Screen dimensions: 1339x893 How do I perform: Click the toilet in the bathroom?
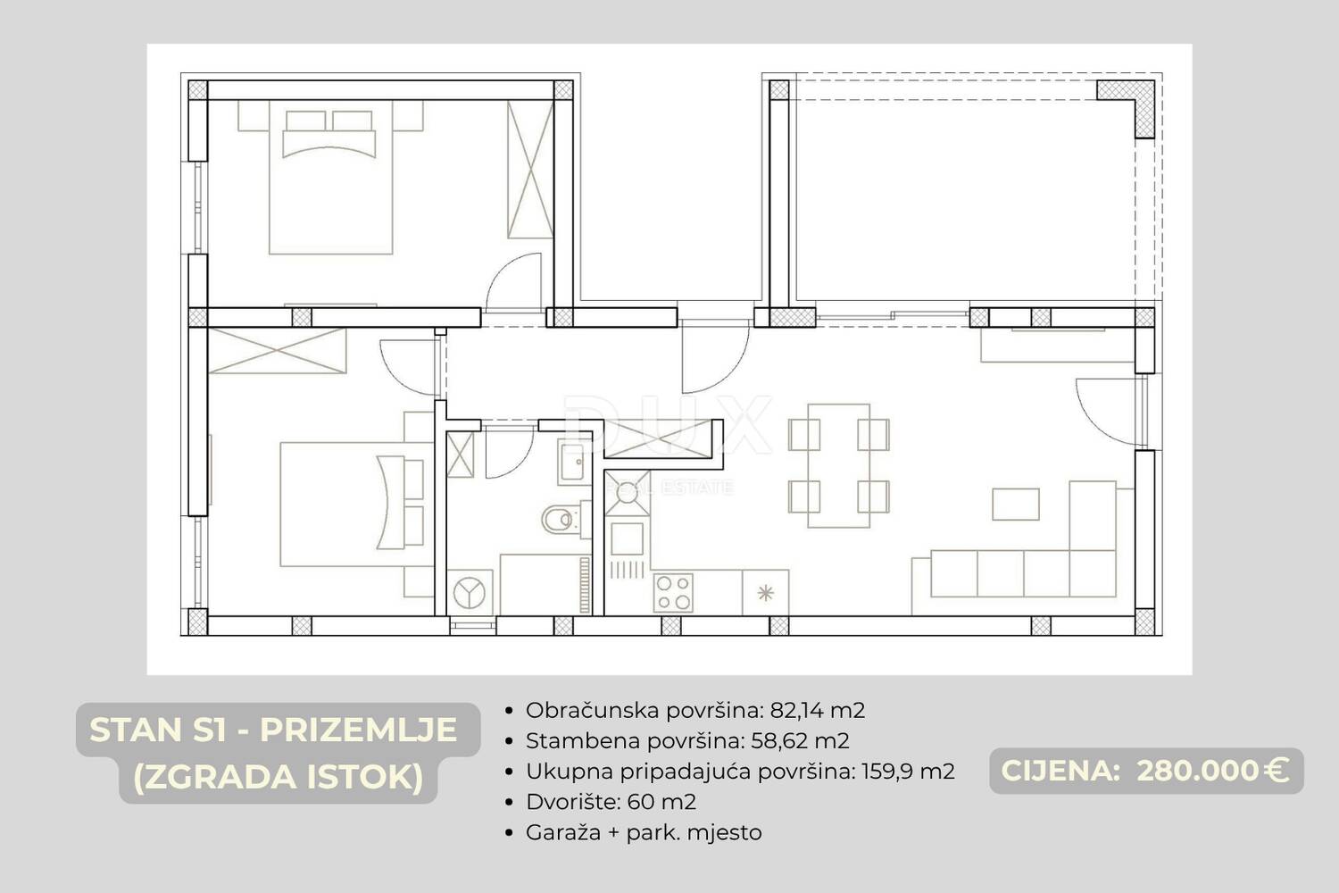tap(560, 519)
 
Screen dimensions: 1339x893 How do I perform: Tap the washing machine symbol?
tap(470, 592)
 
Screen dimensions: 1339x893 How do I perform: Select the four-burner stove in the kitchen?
tap(673, 593)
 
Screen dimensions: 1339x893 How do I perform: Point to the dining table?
tap(839, 466)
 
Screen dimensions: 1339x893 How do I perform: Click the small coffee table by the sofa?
tap(1016, 504)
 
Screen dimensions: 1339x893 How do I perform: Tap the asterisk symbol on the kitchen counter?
tap(766, 593)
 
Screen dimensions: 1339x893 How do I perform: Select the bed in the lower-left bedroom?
tap(357, 505)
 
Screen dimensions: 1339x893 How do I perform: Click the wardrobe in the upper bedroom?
tap(530, 170)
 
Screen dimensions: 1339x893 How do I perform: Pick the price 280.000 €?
tap(1212, 771)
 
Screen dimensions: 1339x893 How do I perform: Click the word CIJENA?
tap(1060, 771)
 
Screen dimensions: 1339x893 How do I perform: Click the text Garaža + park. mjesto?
tap(644, 832)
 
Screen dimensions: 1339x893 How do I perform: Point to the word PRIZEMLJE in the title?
tap(359, 730)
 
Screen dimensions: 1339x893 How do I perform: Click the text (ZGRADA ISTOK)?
tap(278, 776)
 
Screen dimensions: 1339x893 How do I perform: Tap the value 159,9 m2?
tap(908, 772)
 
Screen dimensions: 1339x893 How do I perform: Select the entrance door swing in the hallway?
tap(715, 359)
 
